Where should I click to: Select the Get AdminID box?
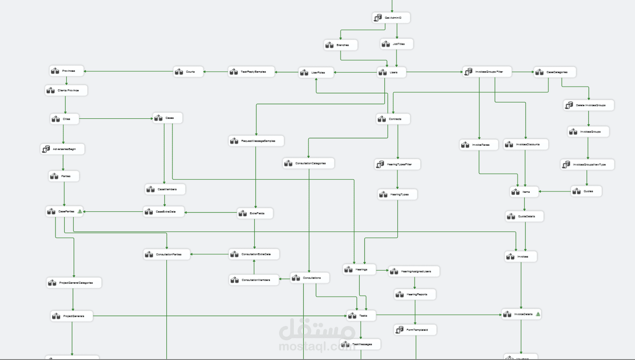coord(391,18)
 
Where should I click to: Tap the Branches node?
coord(341,45)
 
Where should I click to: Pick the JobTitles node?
coord(396,44)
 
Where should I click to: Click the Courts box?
coord(188,72)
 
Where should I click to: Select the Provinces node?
coord(67,71)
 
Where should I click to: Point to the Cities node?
coord(65,119)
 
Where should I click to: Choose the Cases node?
coord(168,118)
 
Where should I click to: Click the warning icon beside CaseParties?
coord(80,211)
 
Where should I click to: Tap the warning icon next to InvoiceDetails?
coord(538,314)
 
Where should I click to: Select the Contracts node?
coord(393,119)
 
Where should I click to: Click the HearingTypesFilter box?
coord(397,164)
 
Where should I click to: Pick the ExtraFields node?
coord(255,213)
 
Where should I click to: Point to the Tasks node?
coord(361,316)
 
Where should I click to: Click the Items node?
coord(524,191)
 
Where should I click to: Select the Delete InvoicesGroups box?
coord(589,105)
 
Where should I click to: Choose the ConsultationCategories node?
coord(308,163)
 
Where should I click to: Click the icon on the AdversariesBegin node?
coord(46,149)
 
